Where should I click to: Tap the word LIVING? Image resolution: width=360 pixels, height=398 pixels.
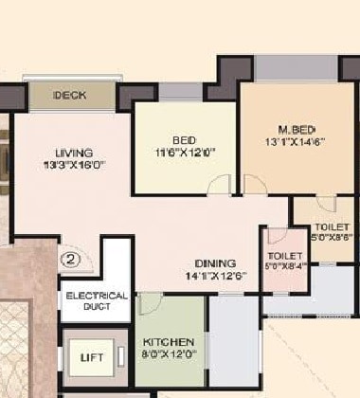(74, 153)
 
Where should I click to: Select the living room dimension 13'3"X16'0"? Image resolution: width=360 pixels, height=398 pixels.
(74, 165)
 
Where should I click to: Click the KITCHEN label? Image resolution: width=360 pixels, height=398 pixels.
(169, 341)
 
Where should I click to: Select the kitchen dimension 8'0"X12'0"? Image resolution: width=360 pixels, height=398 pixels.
(169, 353)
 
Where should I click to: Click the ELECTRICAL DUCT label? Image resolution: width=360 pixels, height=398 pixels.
(96, 301)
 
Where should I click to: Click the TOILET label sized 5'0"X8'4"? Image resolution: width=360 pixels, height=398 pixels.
(285, 256)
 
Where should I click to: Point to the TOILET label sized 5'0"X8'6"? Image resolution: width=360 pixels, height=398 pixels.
(332, 227)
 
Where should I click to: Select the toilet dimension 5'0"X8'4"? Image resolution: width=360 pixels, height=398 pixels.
(285, 267)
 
